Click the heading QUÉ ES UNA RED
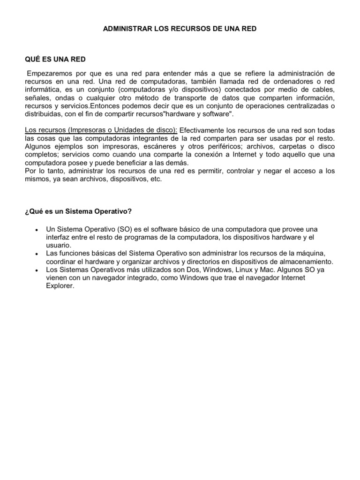[x=55, y=59]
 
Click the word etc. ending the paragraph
[x=156, y=179]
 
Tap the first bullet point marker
[x=36, y=230]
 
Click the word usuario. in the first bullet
[x=59, y=245]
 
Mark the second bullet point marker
[x=36, y=254]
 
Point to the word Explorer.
[x=60, y=286]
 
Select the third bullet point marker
[x=36, y=270]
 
